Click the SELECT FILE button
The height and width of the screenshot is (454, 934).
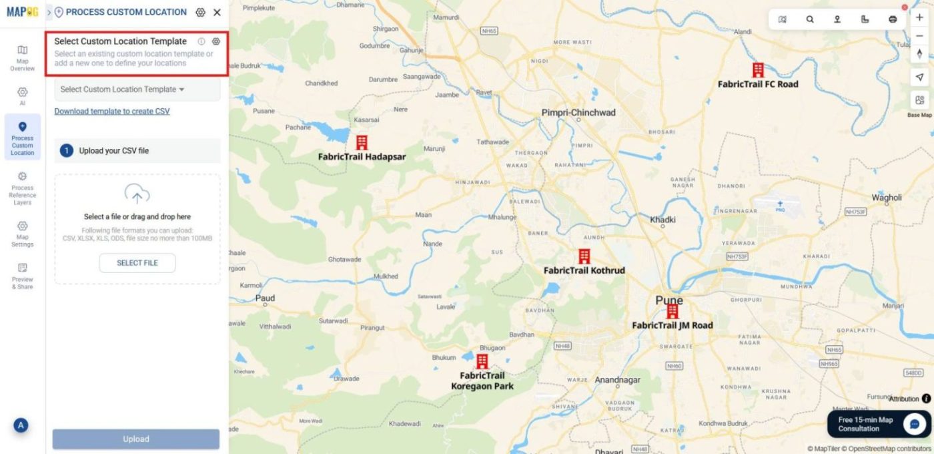click(137, 263)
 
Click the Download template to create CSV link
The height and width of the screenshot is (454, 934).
click(112, 111)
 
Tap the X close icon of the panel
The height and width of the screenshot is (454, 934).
click(217, 12)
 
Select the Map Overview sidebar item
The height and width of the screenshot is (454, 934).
click(22, 57)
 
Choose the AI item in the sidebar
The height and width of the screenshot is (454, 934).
click(22, 96)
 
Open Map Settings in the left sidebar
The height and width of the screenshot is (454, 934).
click(22, 234)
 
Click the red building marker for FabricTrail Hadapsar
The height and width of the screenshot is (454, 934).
click(362, 142)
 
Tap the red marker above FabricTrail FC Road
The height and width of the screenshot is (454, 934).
click(758, 70)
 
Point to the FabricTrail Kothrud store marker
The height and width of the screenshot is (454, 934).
click(584, 256)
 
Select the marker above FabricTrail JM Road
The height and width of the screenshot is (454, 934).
click(672, 311)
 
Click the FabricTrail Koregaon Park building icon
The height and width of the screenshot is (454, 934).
click(482, 361)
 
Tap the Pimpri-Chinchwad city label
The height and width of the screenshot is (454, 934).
click(578, 113)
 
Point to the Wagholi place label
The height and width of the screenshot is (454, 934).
click(887, 198)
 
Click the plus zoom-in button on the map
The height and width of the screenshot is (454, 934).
click(919, 18)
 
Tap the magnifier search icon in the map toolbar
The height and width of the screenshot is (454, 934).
click(810, 19)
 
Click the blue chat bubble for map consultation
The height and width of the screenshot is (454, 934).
click(915, 424)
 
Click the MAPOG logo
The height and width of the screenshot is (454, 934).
click(23, 12)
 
